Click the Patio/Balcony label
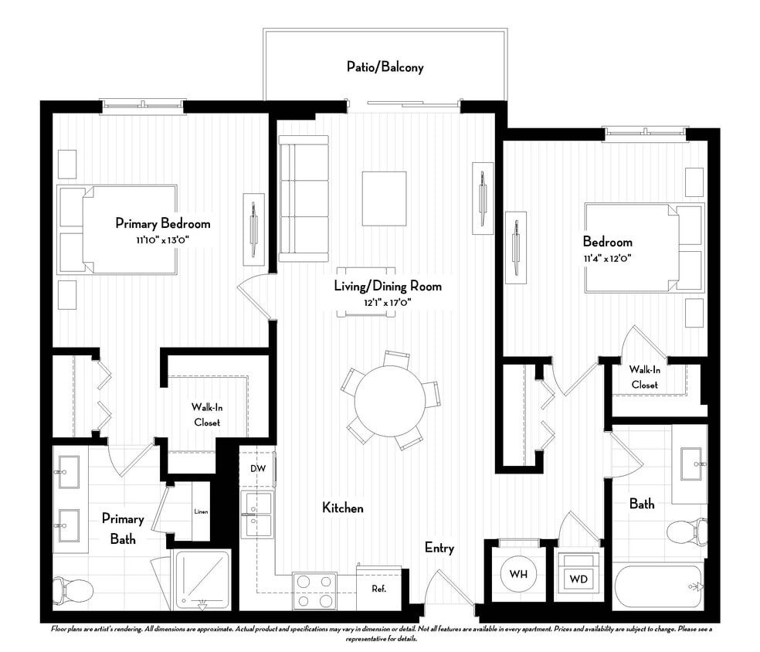[x=385, y=67]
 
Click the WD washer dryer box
[x=578, y=578]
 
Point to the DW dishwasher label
[x=257, y=469]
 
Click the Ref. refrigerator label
[x=378, y=589]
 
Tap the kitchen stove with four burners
[x=314, y=590]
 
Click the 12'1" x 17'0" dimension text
[x=387, y=302]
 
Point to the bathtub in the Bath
[x=660, y=588]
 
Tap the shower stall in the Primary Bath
[x=202, y=579]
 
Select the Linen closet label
[x=200, y=511]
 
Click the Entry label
[x=439, y=548]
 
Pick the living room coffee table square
[x=384, y=199]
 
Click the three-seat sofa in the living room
[x=303, y=199]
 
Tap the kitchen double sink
[x=256, y=514]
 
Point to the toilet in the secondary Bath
[x=686, y=532]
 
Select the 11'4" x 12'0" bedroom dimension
[x=608, y=258]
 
